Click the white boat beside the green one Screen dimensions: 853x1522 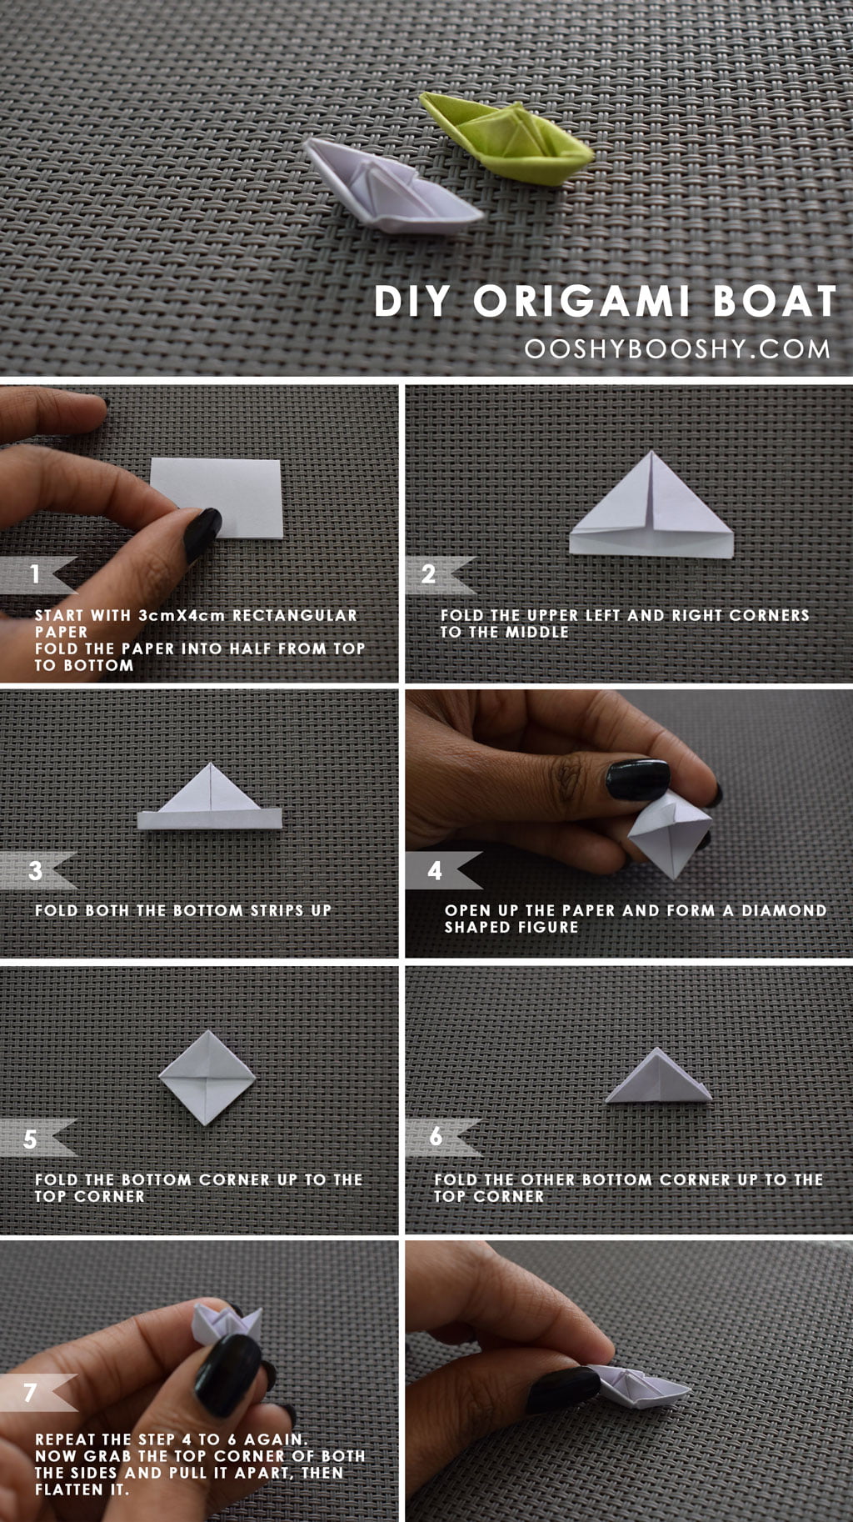coord(392,184)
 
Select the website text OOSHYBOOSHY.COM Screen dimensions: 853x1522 coord(677,349)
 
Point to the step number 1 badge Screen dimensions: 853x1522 coord(37,573)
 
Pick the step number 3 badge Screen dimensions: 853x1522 coord(37,871)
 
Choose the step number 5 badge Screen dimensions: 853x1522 coord(37,1139)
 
